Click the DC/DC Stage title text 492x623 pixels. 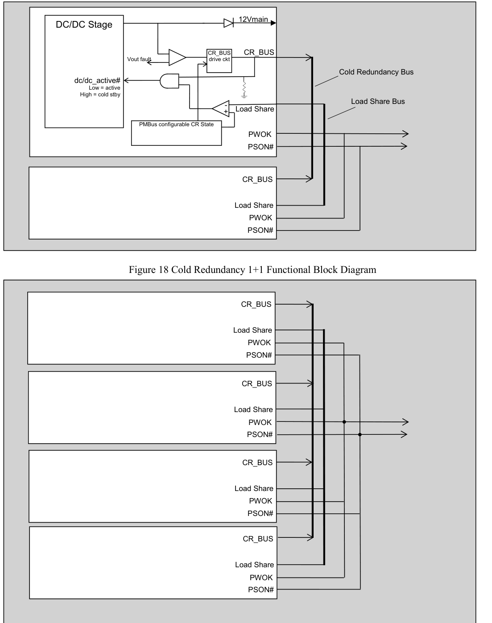pos(84,25)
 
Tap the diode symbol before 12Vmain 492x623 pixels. pos(228,23)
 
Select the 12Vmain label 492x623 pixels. pos(253,19)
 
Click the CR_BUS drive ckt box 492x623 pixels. pos(219,61)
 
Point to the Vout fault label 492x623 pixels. pos(139,59)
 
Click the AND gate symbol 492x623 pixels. pos(170,81)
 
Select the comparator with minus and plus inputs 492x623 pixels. pos(221,108)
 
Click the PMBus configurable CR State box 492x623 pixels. pos(176,133)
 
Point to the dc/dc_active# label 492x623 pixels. pos(97,80)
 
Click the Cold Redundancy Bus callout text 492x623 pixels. pos(376,72)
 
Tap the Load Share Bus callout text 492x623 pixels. pos(378,102)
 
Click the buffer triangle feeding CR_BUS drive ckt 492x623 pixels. pos(177,58)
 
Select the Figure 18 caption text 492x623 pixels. pos(252,270)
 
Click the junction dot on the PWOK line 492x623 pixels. pos(344,422)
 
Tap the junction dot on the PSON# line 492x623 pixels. pos(360,434)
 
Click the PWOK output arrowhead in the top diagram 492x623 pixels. pos(405,134)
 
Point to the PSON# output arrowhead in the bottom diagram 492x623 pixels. pos(404,434)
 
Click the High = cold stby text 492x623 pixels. pos(100,95)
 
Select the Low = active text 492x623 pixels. pos(104,88)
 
